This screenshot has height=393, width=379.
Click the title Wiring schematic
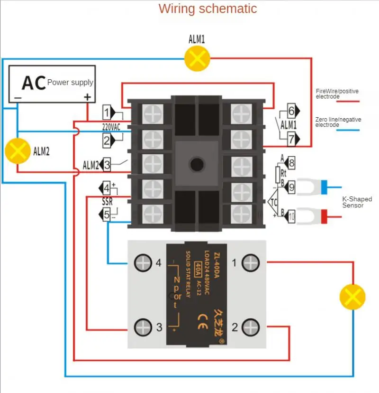(x=208, y=9)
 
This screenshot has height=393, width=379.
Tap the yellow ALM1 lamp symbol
(x=197, y=58)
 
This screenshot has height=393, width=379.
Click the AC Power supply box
(x=52, y=84)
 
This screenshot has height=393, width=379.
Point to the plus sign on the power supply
(x=87, y=97)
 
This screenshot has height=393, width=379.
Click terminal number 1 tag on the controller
(x=108, y=112)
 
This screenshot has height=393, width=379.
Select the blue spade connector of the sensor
(x=325, y=187)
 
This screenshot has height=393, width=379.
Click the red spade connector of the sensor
(x=325, y=217)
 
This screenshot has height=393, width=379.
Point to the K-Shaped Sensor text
(x=357, y=202)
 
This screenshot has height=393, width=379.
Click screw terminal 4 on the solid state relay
(x=142, y=262)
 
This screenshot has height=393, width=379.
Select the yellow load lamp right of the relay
(x=352, y=297)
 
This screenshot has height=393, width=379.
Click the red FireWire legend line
(x=349, y=101)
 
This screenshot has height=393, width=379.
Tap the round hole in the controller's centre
(x=196, y=165)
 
